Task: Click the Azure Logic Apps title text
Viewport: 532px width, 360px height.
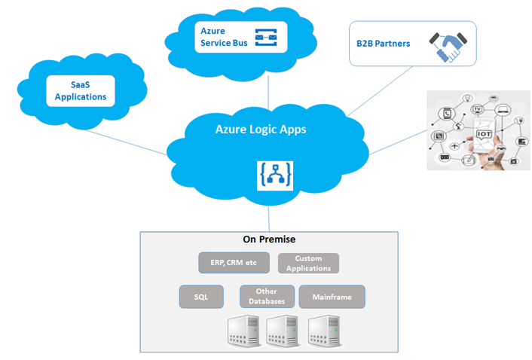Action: [261, 130]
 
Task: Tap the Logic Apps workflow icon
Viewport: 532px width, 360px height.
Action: [275, 175]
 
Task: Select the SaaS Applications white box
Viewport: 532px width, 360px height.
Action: [81, 91]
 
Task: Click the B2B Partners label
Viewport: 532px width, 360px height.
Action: [384, 44]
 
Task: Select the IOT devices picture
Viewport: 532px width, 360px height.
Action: [478, 129]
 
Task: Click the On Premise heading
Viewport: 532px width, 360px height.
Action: [269, 239]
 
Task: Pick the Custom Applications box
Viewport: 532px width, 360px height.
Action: [309, 263]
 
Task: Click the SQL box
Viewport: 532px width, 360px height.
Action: [201, 297]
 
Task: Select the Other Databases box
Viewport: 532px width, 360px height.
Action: [267, 297]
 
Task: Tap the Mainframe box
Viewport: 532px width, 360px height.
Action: [332, 297]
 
